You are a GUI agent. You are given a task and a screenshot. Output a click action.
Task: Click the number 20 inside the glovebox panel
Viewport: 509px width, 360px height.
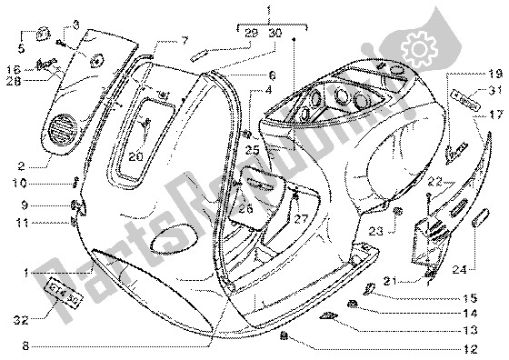[x=135, y=156]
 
